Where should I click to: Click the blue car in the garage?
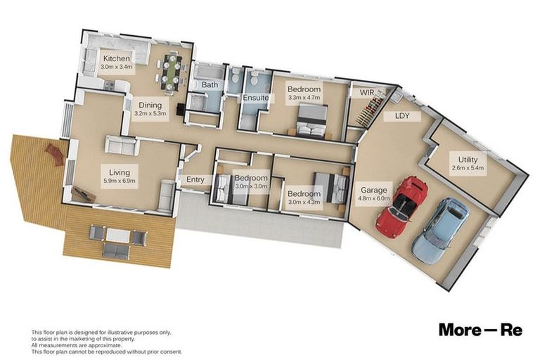click(441, 230)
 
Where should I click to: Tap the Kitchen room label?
click(117, 58)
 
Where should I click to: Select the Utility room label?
click(468, 160)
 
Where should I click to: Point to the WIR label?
click(367, 92)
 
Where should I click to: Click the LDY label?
click(402, 116)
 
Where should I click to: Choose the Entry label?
click(195, 179)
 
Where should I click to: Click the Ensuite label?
click(255, 98)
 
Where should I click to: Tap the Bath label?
click(210, 84)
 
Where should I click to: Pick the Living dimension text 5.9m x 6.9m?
click(119, 181)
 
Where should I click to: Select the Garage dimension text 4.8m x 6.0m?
click(373, 198)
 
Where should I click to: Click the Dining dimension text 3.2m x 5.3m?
click(150, 113)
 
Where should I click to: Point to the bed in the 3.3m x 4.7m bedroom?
click(312, 122)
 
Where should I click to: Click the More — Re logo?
click(480, 330)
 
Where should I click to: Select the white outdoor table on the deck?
click(118, 236)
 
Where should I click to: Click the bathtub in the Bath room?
click(207, 72)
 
